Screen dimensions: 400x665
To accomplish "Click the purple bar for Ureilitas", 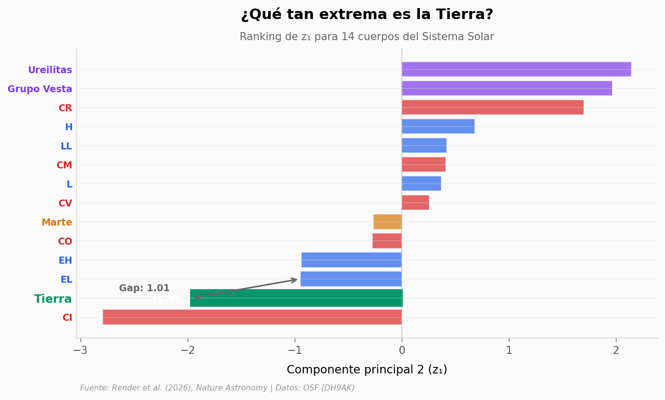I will [x=516, y=69].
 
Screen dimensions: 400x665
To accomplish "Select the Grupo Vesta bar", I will [x=506, y=88].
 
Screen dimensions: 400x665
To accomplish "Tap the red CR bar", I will [x=492, y=107].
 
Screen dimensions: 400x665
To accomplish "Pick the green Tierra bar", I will [x=296, y=298].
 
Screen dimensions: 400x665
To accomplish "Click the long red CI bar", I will [x=252, y=317].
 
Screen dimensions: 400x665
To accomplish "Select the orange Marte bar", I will [x=387, y=222].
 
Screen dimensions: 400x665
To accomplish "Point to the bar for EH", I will [x=351, y=260].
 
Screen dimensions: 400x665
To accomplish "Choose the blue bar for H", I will [x=438, y=126].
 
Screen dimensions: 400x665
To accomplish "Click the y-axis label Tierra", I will [x=53, y=299].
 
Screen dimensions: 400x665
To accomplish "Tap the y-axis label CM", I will [x=64, y=165].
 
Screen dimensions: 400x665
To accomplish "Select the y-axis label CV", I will [x=65, y=204].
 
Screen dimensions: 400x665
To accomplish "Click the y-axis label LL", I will [x=66, y=146].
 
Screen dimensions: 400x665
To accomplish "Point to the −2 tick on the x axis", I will [x=188, y=350].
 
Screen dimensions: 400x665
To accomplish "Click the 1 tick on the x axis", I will [x=509, y=350].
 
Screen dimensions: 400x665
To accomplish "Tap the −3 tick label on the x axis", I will [x=80, y=350].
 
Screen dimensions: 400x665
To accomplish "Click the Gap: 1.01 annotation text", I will [x=144, y=288].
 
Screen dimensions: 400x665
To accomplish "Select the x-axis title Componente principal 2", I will [x=367, y=370].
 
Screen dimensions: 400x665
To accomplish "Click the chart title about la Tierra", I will [x=367, y=15].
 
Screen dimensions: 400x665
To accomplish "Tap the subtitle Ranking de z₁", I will [x=367, y=37].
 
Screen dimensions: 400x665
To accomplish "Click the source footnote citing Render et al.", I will [x=217, y=388].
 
